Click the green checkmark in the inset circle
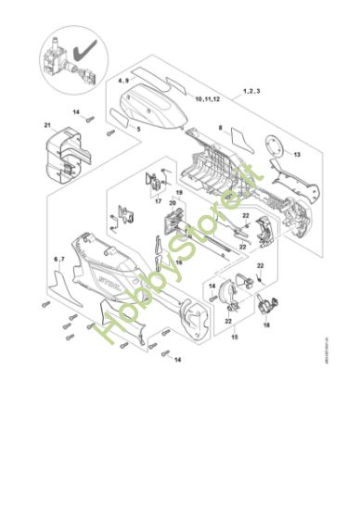(x=88, y=44)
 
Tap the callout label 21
(x=46, y=125)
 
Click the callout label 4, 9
(x=124, y=82)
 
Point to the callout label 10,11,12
(x=208, y=96)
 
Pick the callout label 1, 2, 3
(x=251, y=90)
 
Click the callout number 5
(x=139, y=129)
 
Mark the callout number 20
(x=173, y=202)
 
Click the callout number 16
(x=179, y=262)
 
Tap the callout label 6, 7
(x=58, y=259)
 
